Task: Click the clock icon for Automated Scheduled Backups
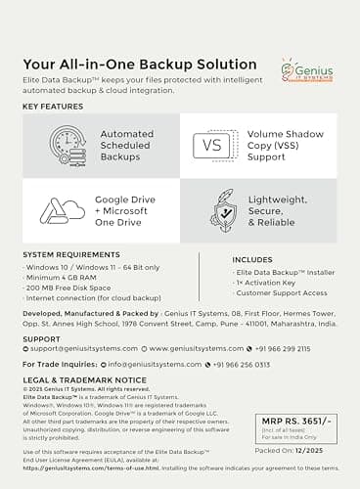pyautogui.click(x=63, y=146)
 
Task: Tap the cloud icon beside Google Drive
pyautogui.click(x=62, y=210)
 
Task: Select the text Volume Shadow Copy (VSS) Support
pyautogui.click(x=287, y=146)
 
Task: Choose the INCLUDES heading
pyautogui.click(x=252, y=259)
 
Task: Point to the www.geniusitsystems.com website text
pyautogui.click(x=191, y=347)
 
